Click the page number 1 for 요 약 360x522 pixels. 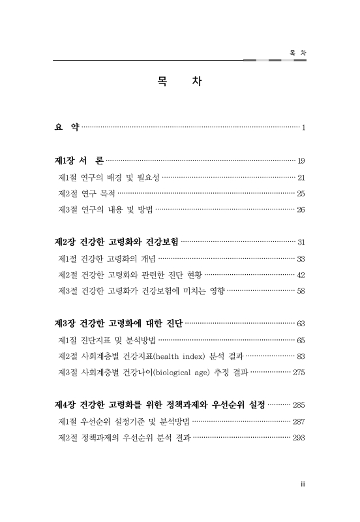point(304,127)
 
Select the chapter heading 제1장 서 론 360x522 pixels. point(80,160)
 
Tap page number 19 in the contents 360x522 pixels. point(301,161)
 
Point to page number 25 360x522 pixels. point(301,194)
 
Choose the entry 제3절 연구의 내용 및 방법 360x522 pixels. point(106,209)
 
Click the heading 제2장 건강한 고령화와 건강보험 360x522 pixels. point(116,242)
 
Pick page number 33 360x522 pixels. point(301,259)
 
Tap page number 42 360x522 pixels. point(301,275)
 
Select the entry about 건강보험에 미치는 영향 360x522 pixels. point(142,291)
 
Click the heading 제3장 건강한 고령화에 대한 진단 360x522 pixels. point(119,324)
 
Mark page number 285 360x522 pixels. point(299,405)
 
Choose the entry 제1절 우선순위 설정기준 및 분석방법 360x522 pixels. point(124,422)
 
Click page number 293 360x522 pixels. point(299,438)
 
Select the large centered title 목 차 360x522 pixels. point(179,83)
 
